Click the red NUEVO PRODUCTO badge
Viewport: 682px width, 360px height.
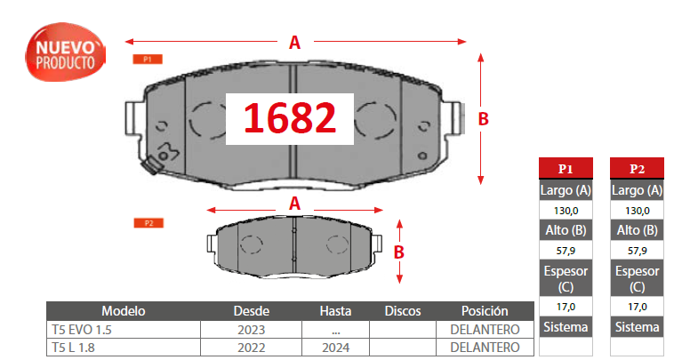[x=65, y=52]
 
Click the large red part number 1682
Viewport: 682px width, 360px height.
[x=290, y=118]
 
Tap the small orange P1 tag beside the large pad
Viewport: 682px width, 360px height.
[x=148, y=60]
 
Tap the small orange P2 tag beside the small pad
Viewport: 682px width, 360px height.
[x=148, y=223]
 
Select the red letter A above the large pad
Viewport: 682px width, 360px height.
[x=294, y=43]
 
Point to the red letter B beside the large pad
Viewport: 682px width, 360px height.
[x=483, y=119]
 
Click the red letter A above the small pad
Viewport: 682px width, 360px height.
[x=294, y=204]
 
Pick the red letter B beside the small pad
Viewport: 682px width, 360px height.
[x=399, y=252]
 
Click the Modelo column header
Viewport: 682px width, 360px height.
[x=123, y=311]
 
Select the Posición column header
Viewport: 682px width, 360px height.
[x=485, y=311]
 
